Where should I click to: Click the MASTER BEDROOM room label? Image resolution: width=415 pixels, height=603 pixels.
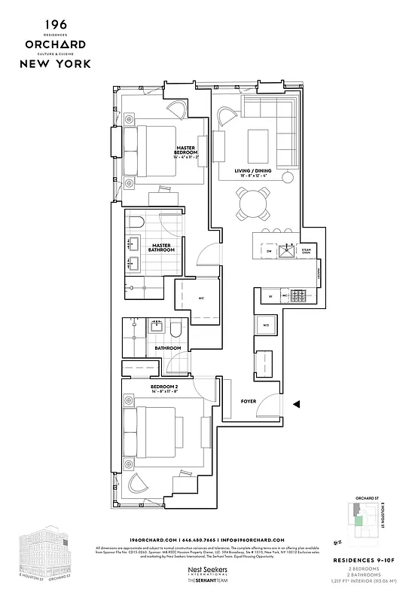coord(186,151)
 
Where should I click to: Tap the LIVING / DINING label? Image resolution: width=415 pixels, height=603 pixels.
coord(252,172)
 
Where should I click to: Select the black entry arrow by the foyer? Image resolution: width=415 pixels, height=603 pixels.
coord(298,405)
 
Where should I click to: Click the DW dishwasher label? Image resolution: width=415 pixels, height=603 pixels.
coord(269,251)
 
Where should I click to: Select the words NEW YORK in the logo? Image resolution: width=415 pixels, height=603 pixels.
coord(56,63)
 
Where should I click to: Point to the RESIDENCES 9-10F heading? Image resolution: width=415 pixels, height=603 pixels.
coord(360,561)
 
